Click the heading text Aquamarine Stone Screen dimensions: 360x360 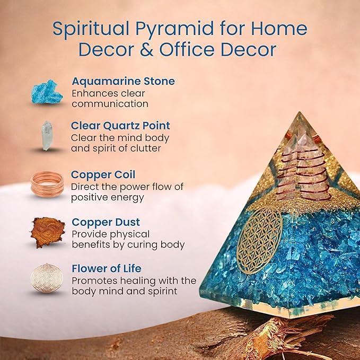tap(123, 82)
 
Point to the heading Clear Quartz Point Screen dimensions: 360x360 tap(120, 126)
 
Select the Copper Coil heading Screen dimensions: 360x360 tap(103, 174)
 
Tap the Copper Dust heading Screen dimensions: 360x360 tap(106, 222)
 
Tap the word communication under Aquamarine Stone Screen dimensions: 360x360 tap(109, 104)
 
